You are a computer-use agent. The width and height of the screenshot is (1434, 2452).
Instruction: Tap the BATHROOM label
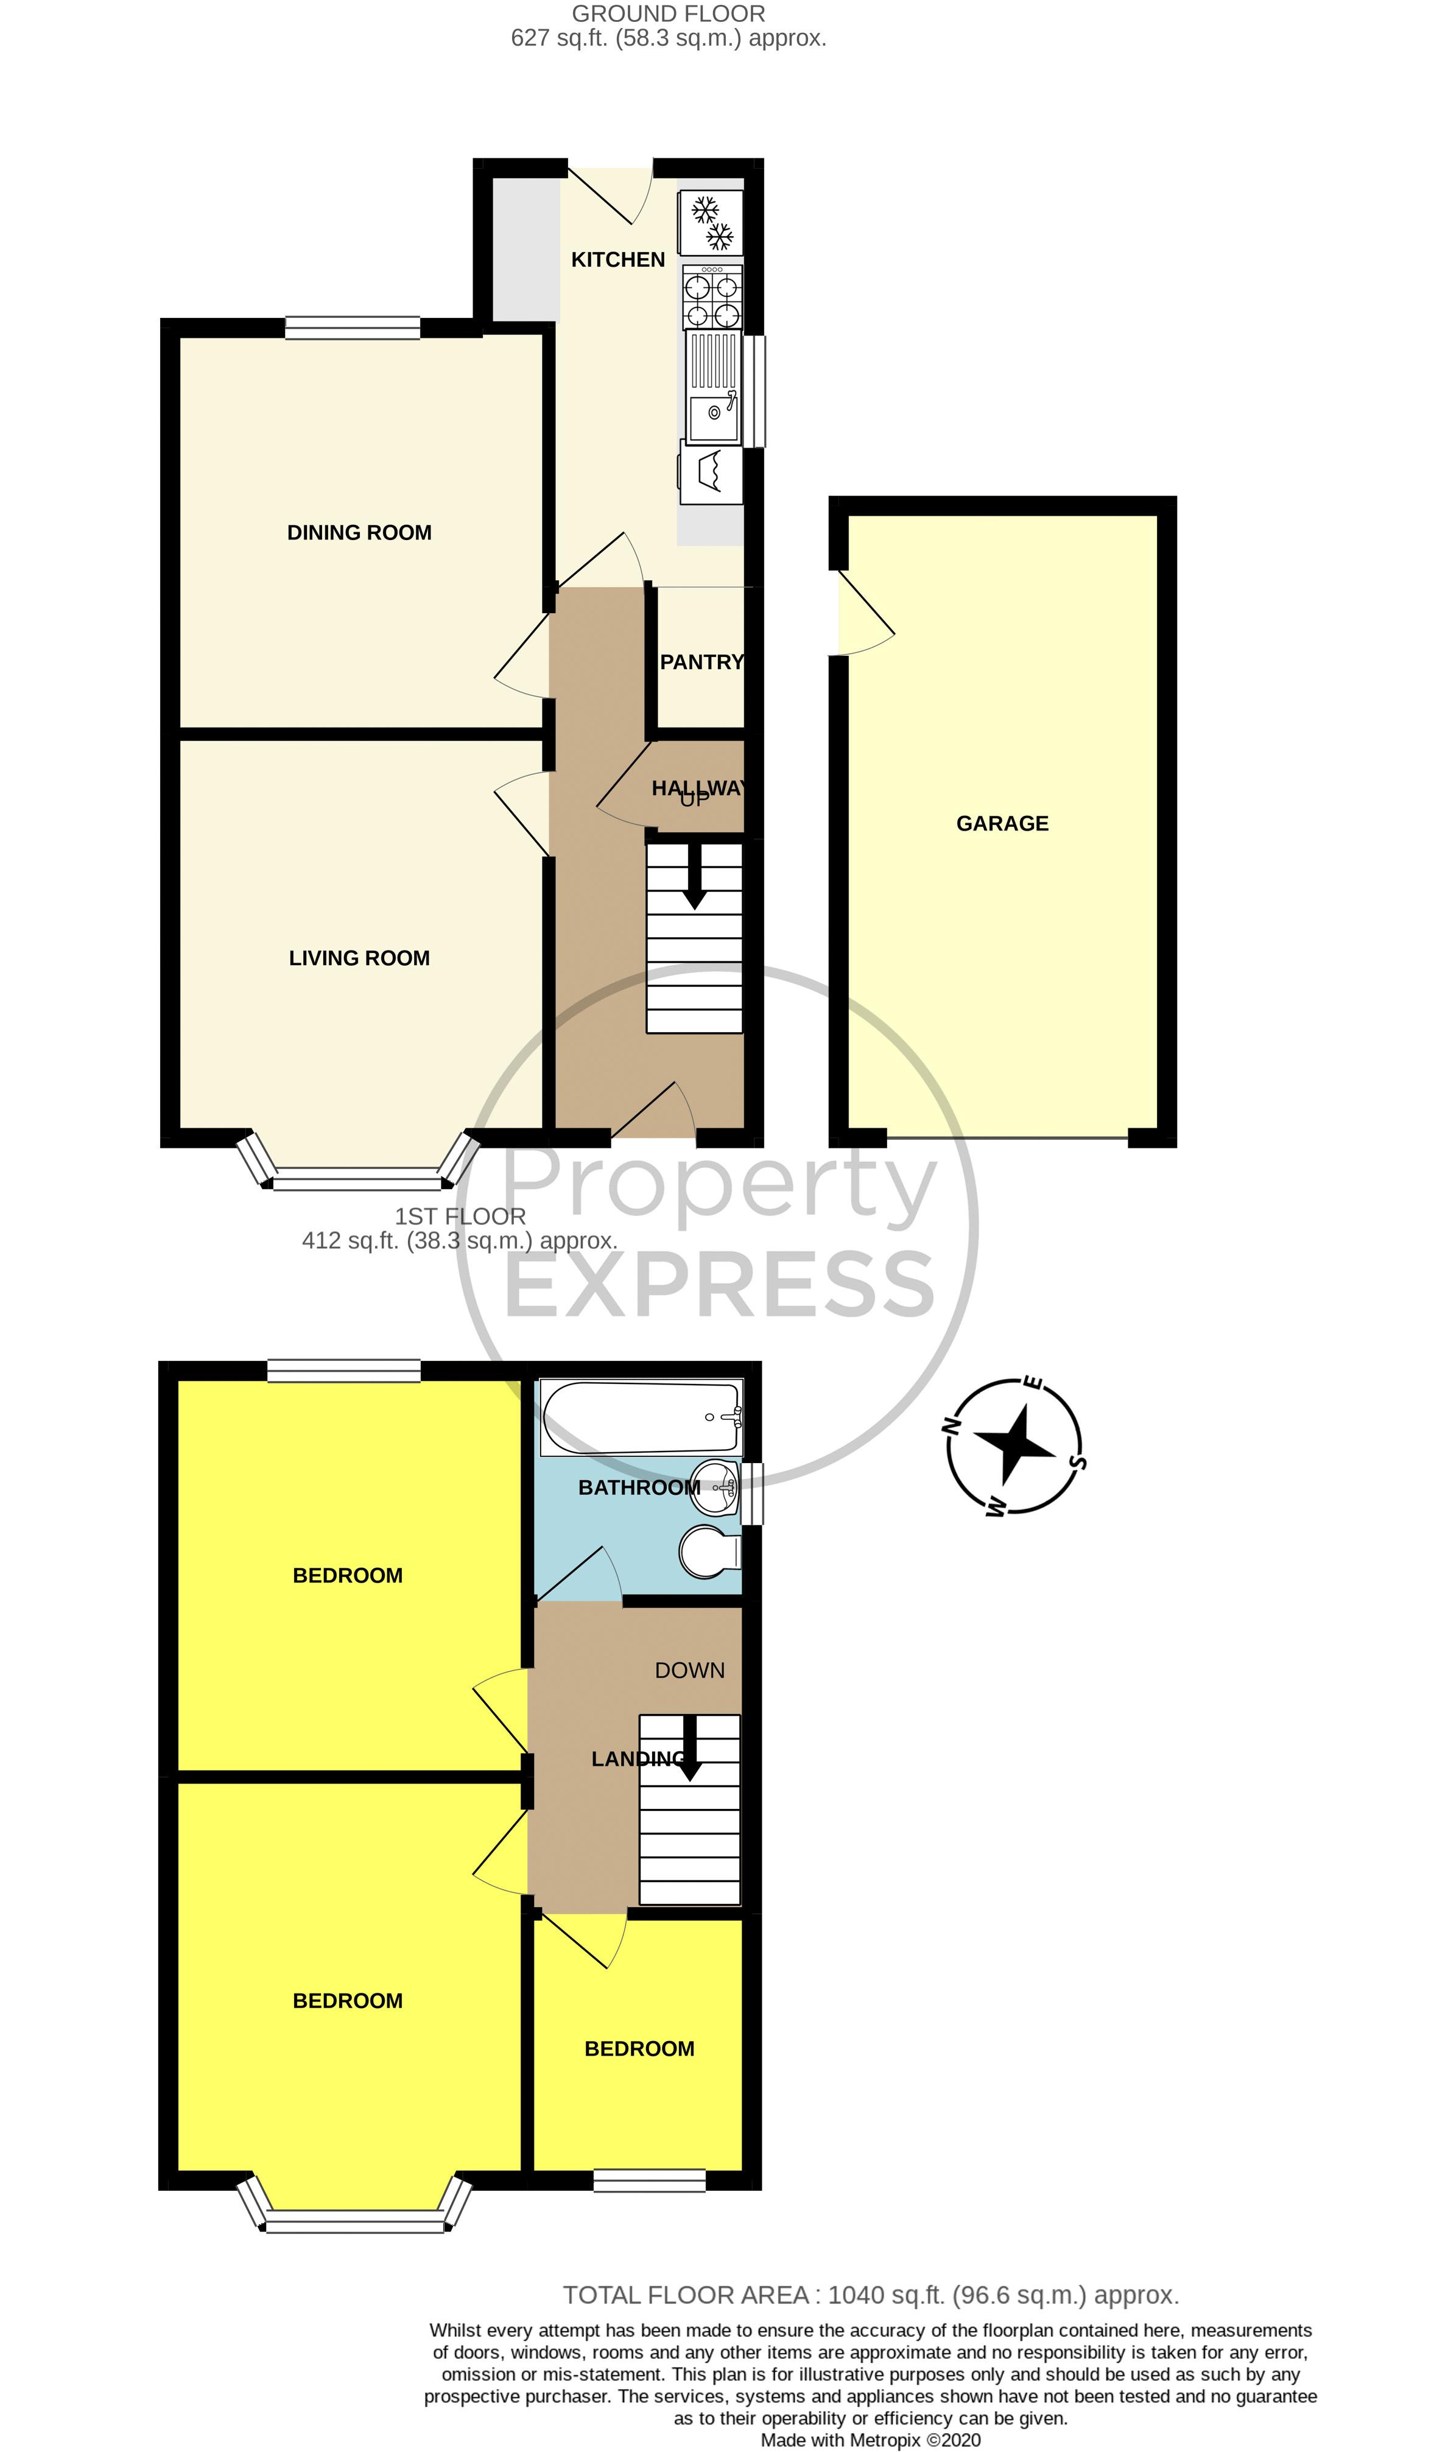[x=638, y=1488]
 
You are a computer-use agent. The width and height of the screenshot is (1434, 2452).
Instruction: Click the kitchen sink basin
[x=713, y=415]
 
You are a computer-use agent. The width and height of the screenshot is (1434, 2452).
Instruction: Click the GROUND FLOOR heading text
[x=669, y=13]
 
